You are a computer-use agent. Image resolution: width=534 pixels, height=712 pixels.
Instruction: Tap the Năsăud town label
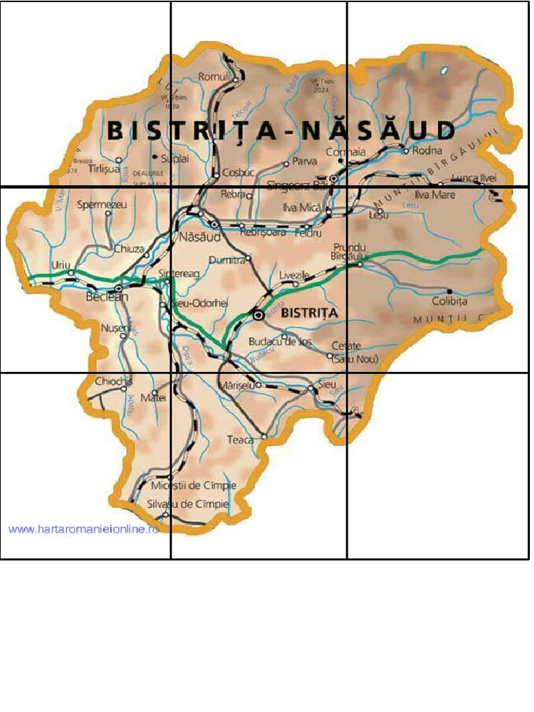click(200, 237)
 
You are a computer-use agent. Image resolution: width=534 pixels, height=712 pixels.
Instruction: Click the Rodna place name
click(427, 150)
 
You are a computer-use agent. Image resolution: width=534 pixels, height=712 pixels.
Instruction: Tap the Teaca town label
click(241, 439)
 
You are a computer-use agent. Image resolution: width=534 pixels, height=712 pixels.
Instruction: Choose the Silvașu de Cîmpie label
click(187, 504)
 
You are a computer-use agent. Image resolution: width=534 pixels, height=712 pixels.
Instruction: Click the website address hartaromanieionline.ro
click(83, 529)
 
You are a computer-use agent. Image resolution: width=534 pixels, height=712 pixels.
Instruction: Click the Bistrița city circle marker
click(259, 315)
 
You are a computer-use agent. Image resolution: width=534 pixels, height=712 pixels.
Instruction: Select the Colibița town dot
click(449, 291)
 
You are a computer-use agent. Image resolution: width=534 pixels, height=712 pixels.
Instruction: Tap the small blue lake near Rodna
click(444, 70)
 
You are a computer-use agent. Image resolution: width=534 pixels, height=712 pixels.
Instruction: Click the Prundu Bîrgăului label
click(349, 252)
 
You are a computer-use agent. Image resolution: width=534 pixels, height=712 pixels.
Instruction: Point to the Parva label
click(305, 162)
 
